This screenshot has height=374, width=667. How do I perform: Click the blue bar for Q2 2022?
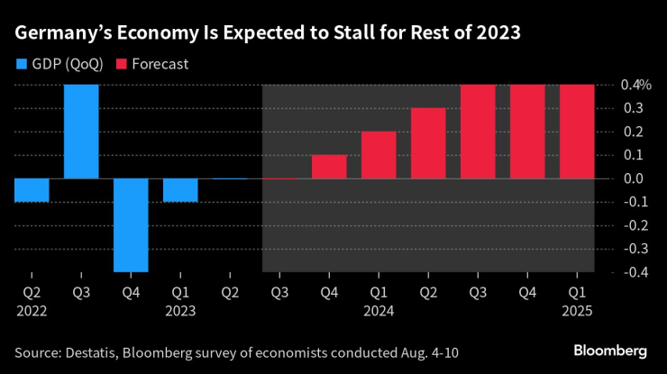click(x=32, y=189)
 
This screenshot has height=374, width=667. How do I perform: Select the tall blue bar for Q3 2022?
click(x=81, y=132)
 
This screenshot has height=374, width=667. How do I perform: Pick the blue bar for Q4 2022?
click(x=131, y=224)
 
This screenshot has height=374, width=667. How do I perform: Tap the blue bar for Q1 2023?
click(x=180, y=189)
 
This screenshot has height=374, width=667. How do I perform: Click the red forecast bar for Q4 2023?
click(x=329, y=167)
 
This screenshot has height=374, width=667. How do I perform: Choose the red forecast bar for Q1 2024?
click(x=379, y=155)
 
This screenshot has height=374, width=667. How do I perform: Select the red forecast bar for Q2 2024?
click(x=428, y=143)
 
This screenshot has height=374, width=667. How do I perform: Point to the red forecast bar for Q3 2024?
click(x=478, y=132)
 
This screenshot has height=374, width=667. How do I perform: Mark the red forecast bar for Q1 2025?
click(x=577, y=132)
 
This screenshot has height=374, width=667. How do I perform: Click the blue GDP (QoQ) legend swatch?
click(x=21, y=64)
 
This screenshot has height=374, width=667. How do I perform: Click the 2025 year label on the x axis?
click(x=577, y=309)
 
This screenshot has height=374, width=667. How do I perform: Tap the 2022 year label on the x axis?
click(x=32, y=309)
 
